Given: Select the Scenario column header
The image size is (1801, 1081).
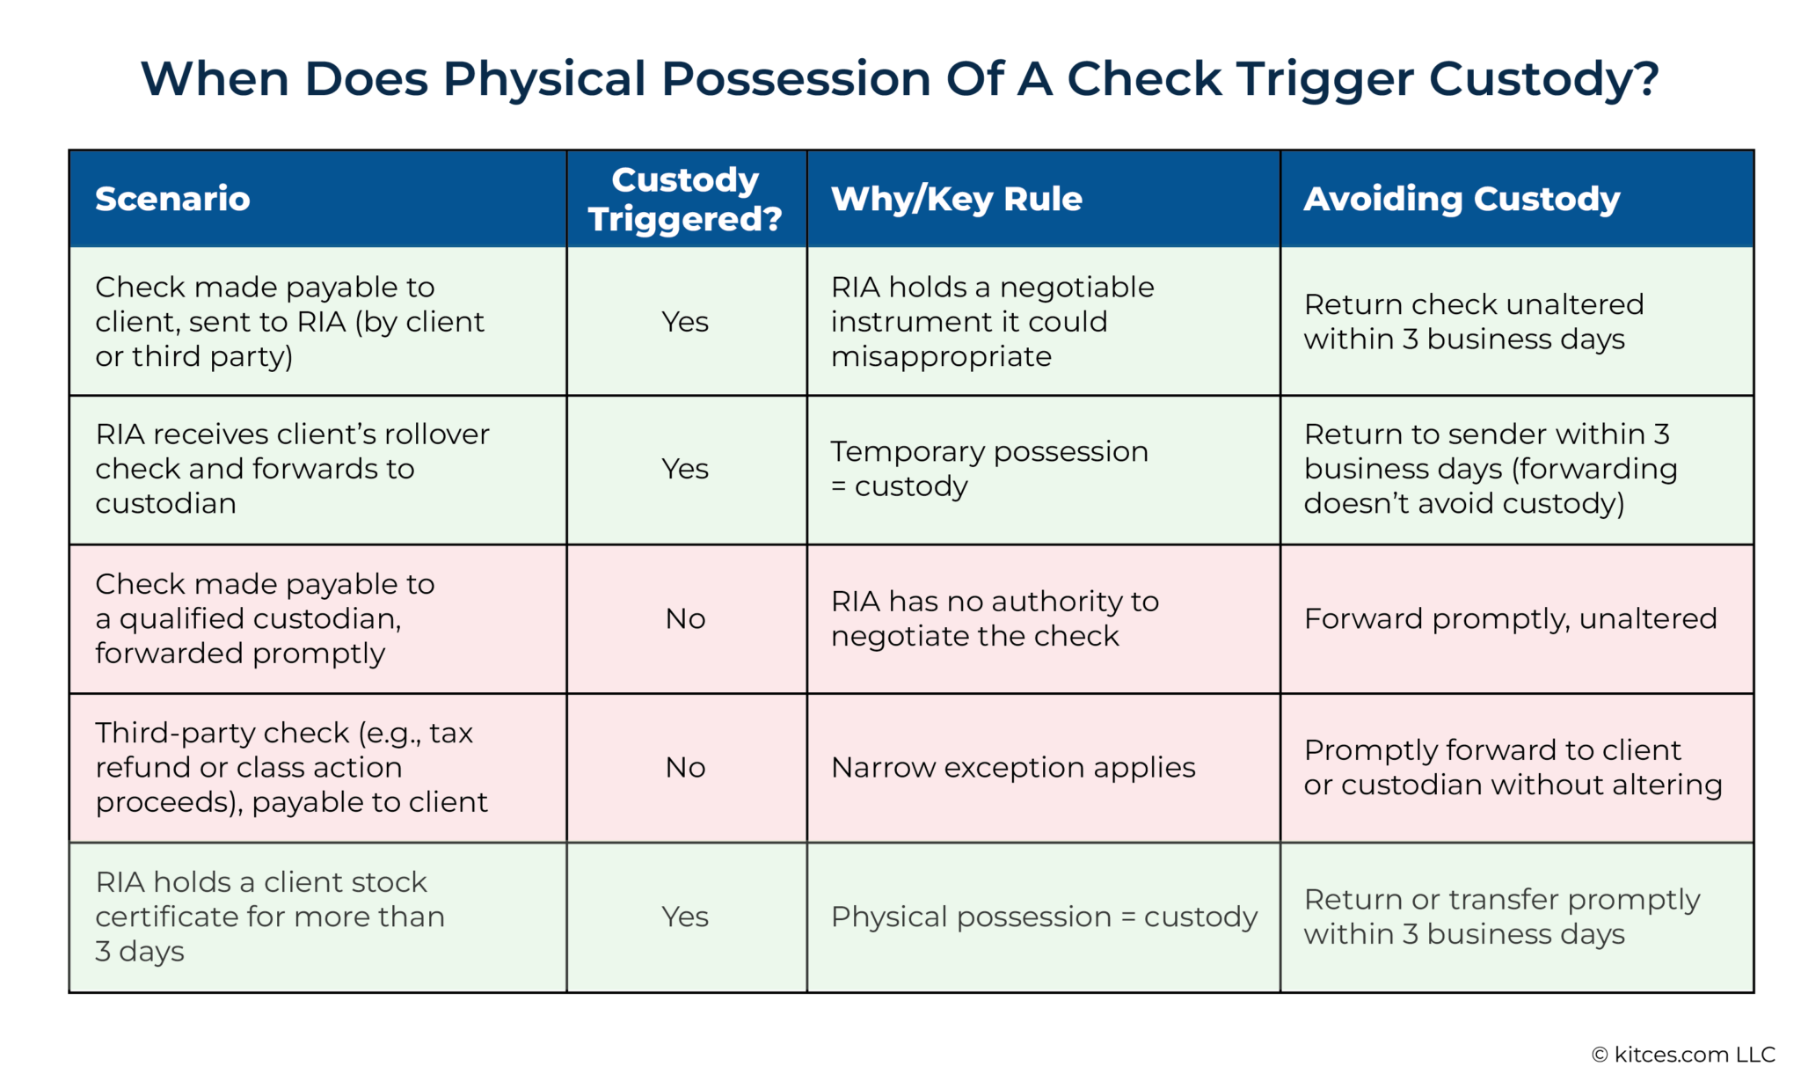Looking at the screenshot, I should pyautogui.click(x=172, y=199).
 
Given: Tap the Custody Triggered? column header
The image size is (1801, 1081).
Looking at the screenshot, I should pyautogui.click(x=685, y=199).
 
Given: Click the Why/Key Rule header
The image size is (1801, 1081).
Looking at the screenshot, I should pyautogui.click(x=956, y=199).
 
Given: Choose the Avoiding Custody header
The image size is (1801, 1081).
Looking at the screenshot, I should pyautogui.click(x=1461, y=199).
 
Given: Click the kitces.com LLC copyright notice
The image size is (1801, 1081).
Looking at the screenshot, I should pyautogui.click(x=1683, y=1054).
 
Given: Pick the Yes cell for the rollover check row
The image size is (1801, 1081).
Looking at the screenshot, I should pyautogui.click(x=685, y=469).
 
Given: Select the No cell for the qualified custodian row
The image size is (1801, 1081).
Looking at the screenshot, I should pyautogui.click(x=685, y=618).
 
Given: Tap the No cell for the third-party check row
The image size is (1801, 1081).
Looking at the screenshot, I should pyautogui.click(x=685, y=767).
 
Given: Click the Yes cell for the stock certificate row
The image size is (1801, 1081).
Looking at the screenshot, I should pyautogui.click(x=685, y=917).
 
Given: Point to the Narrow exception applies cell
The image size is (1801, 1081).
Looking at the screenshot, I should pyautogui.click(x=1013, y=767).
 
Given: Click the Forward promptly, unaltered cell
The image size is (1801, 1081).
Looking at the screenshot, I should pyautogui.click(x=1510, y=618).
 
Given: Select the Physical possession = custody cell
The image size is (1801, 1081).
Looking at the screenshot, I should pyautogui.click(x=1044, y=917).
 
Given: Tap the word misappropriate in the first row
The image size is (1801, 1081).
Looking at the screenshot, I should pyautogui.click(x=941, y=356).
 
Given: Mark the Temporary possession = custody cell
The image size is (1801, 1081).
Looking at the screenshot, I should pyautogui.click(x=989, y=469).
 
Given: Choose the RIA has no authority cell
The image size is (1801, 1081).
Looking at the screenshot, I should pyautogui.click(x=995, y=618).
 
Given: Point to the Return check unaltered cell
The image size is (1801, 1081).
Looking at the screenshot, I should pyautogui.click(x=1473, y=321).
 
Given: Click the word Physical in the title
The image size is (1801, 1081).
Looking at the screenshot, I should pyautogui.click(x=544, y=79).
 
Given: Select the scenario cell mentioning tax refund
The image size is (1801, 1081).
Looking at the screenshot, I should pyautogui.click(x=290, y=767).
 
